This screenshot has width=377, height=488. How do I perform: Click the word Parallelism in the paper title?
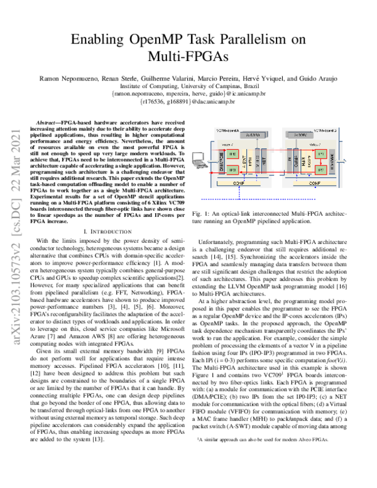239,40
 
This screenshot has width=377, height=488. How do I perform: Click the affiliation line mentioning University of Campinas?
188,85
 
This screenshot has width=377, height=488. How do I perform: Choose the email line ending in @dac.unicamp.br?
188,99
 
